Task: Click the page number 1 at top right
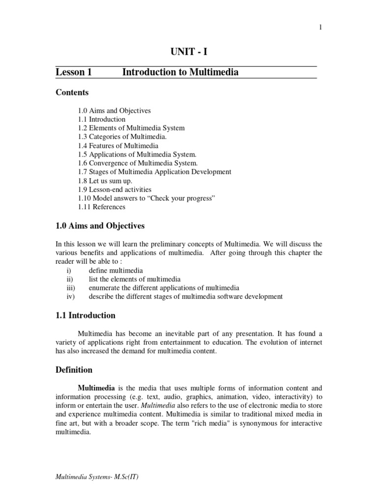tap(320, 28)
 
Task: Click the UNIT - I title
tap(186, 53)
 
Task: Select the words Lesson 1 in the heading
tap(74, 72)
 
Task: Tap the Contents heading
tap(72, 93)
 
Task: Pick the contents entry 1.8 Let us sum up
tap(104, 181)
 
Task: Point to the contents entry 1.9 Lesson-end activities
tap(114, 189)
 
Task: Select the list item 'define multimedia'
tap(116, 270)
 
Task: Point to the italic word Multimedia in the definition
tap(160, 405)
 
